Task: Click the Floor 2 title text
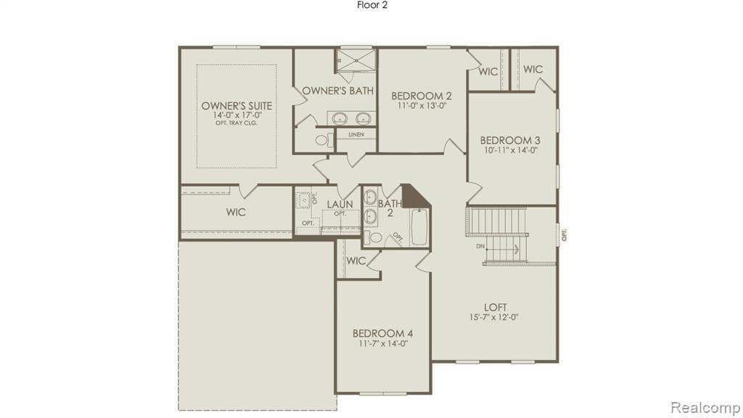tap(371, 5)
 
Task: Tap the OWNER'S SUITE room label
tap(237, 106)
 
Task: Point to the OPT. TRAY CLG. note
tap(237, 123)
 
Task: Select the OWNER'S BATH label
tap(338, 91)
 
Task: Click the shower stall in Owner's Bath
tap(356, 61)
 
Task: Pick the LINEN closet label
tap(356, 135)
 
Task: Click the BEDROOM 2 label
tap(422, 96)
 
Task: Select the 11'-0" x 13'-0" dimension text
tap(422, 106)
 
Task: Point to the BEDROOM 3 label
tap(510, 140)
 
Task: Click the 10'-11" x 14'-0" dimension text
tap(510, 150)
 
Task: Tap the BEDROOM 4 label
tap(382, 333)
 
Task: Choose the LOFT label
tap(496, 306)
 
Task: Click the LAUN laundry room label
tap(339, 205)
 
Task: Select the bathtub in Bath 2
tap(420, 226)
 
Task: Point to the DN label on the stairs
tap(480, 246)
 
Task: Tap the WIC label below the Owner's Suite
tap(236, 213)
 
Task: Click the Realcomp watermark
tap(704, 406)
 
